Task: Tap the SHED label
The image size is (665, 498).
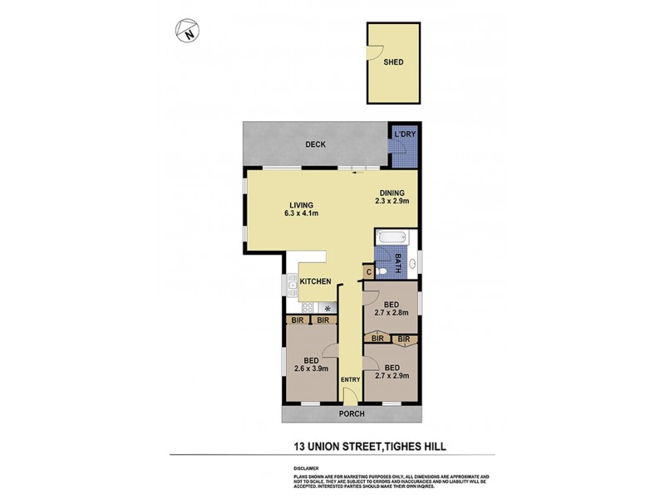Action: point(393,61)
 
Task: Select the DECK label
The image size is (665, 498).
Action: point(315,144)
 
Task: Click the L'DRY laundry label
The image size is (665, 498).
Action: point(404,134)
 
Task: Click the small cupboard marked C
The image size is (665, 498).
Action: point(367,271)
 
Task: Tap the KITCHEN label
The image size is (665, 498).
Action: point(316,282)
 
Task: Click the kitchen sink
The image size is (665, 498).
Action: point(293,286)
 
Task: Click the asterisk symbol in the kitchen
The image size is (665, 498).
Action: point(327,306)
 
